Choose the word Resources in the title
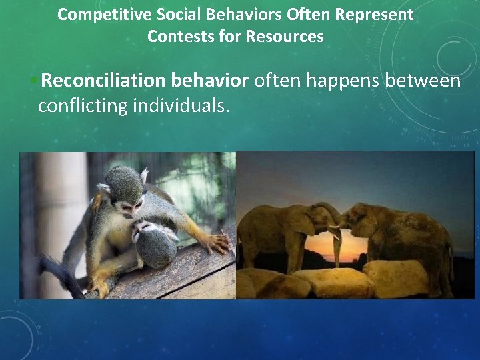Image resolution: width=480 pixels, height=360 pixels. pos(285,37)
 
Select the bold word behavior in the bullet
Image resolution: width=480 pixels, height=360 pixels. pos(209,81)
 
